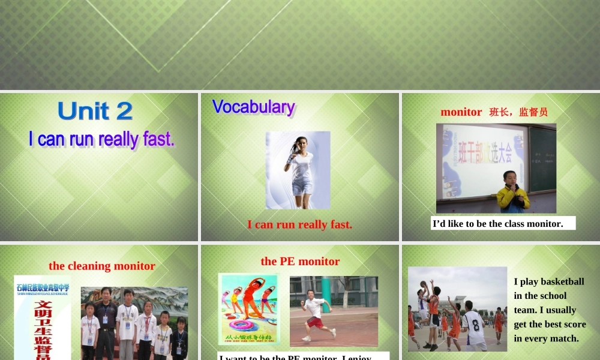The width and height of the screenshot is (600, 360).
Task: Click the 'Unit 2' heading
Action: tap(95, 112)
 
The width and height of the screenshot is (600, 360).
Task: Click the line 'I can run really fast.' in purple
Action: tap(101, 139)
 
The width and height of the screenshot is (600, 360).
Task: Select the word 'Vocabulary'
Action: tap(253, 107)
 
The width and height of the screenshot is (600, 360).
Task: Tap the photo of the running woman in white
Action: tap(299, 170)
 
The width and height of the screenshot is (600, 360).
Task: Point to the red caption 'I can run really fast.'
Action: tap(299, 224)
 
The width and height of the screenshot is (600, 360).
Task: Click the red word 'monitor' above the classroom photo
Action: tap(461, 112)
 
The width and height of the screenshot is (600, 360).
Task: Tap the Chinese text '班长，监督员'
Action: tap(518, 112)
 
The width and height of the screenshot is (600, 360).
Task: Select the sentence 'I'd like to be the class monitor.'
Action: tap(498, 224)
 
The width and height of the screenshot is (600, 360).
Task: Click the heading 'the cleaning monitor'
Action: tap(102, 266)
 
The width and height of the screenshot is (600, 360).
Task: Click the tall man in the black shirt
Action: tap(106, 324)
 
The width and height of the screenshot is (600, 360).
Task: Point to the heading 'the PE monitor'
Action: tap(300, 261)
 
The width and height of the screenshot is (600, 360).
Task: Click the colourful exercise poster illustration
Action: tap(248, 309)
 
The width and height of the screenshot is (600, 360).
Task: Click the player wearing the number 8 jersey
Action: tap(474, 327)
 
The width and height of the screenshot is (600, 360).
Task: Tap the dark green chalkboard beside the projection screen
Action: tap(542, 159)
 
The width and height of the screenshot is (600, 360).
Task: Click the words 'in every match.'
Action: tap(546, 338)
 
